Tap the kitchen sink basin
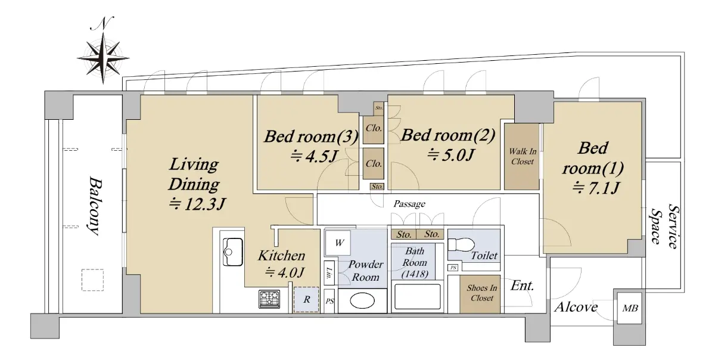click(233, 252)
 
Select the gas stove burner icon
click(269, 299)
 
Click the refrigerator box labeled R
click(306, 300)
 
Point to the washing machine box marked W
click(338, 243)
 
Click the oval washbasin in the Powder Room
click(362, 301)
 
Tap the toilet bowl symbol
click(461, 244)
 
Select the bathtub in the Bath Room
click(418, 296)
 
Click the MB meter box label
click(630, 308)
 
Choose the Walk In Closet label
click(523, 156)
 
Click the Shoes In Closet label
click(481, 293)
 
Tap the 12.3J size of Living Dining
click(198, 204)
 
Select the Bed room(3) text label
click(311, 136)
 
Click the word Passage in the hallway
click(409, 204)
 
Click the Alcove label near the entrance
click(576, 307)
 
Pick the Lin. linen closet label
click(329, 273)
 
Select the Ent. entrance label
click(522, 285)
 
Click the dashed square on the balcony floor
click(92, 280)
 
